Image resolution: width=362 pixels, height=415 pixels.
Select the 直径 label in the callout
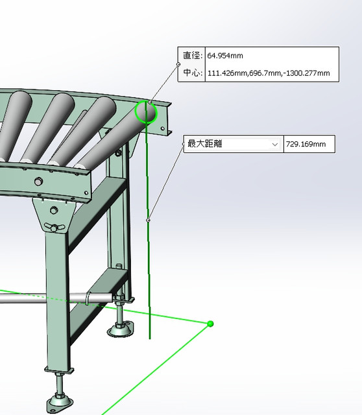(192, 56)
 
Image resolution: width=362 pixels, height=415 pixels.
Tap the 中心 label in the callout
(192, 73)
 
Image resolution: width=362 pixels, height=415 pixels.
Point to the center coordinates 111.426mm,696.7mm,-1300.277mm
(269, 73)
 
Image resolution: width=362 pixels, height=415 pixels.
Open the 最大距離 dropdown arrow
(275, 144)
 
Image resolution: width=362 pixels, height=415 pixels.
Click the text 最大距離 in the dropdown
(205, 144)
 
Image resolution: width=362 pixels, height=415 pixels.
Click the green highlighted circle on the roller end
(145, 112)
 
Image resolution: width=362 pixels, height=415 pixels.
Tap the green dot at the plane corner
(210, 324)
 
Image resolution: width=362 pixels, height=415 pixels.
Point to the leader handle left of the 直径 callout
(178, 64)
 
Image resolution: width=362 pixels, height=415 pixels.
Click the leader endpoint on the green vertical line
(149, 220)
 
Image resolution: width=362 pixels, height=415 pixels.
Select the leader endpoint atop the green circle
(150, 102)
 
